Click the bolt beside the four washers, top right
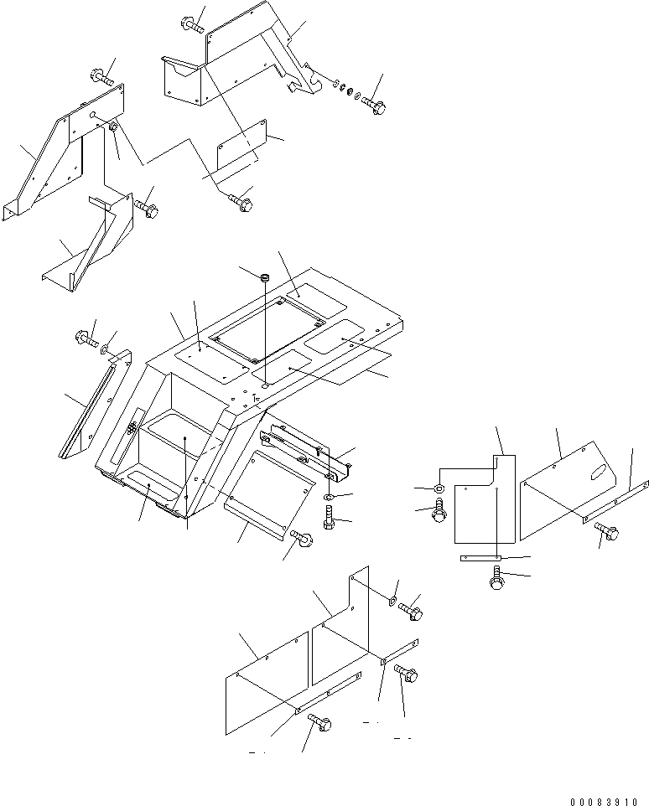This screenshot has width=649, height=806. [x=373, y=106]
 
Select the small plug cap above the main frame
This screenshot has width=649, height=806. [x=265, y=277]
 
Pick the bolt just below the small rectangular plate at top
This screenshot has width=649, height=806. [x=241, y=202]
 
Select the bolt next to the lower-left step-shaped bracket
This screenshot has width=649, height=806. [x=146, y=208]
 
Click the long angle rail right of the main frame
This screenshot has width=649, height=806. [x=306, y=452]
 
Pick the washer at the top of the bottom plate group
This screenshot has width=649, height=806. [x=393, y=600]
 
